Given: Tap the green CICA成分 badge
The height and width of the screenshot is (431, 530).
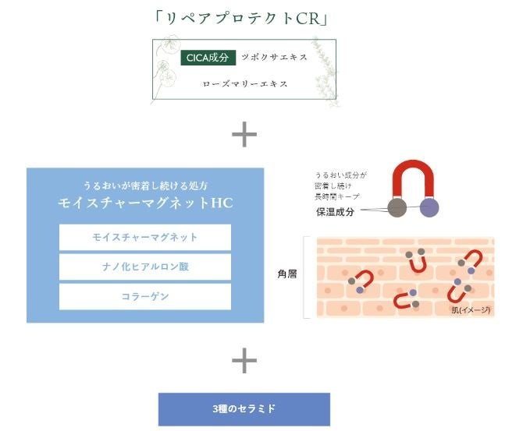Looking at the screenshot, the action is click(x=207, y=58).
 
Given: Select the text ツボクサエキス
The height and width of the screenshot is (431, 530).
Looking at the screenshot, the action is click(x=274, y=58).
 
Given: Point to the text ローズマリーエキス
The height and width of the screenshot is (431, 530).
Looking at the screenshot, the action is click(x=244, y=83).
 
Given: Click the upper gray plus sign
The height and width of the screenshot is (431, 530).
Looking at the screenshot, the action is click(x=244, y=135).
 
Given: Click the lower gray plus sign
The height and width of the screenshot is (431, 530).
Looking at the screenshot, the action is click(x=244, y=359).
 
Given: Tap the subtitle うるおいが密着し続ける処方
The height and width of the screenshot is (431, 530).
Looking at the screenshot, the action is click(x=145, y=185).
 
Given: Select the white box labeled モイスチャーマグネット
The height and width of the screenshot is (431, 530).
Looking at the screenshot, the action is click(x=145, y=237).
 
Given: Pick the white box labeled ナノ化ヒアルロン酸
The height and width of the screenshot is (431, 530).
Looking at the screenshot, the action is click(x=145, y=267).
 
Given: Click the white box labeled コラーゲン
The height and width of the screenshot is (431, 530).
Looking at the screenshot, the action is click(x=145, y=297).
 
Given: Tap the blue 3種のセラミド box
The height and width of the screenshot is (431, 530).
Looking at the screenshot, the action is click(x=244, y=408).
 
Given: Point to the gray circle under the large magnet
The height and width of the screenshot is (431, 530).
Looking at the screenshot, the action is click(x=397, y=208).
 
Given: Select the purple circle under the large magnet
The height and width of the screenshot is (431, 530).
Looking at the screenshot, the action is click(x=429, y=208).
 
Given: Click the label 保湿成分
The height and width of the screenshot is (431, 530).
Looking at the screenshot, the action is click(x=335, y=211).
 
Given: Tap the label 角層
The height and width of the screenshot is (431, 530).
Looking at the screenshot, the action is click(x=287, y=274).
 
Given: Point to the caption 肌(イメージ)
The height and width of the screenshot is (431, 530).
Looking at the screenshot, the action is click(x=471, y=310).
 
